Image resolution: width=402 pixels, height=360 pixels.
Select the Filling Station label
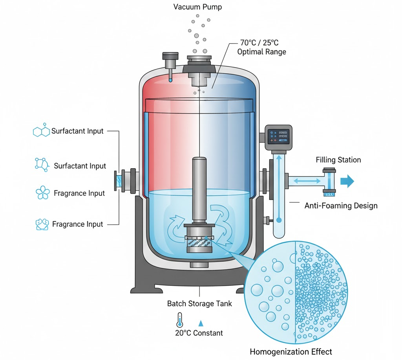(x=338, y=160)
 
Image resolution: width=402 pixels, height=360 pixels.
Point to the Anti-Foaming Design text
(x=341, y=206)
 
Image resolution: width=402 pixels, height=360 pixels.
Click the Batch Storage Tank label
(x=199, y=303)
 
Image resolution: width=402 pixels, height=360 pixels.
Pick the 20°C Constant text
(x=199, y=333)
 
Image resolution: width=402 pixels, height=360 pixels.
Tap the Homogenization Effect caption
(x=291, y=351)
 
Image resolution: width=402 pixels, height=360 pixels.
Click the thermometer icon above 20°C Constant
(x=180, y=320)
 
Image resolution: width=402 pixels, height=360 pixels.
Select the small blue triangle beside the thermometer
(x=201, y=323)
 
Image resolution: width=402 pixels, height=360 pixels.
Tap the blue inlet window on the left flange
(x=118, y=181)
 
